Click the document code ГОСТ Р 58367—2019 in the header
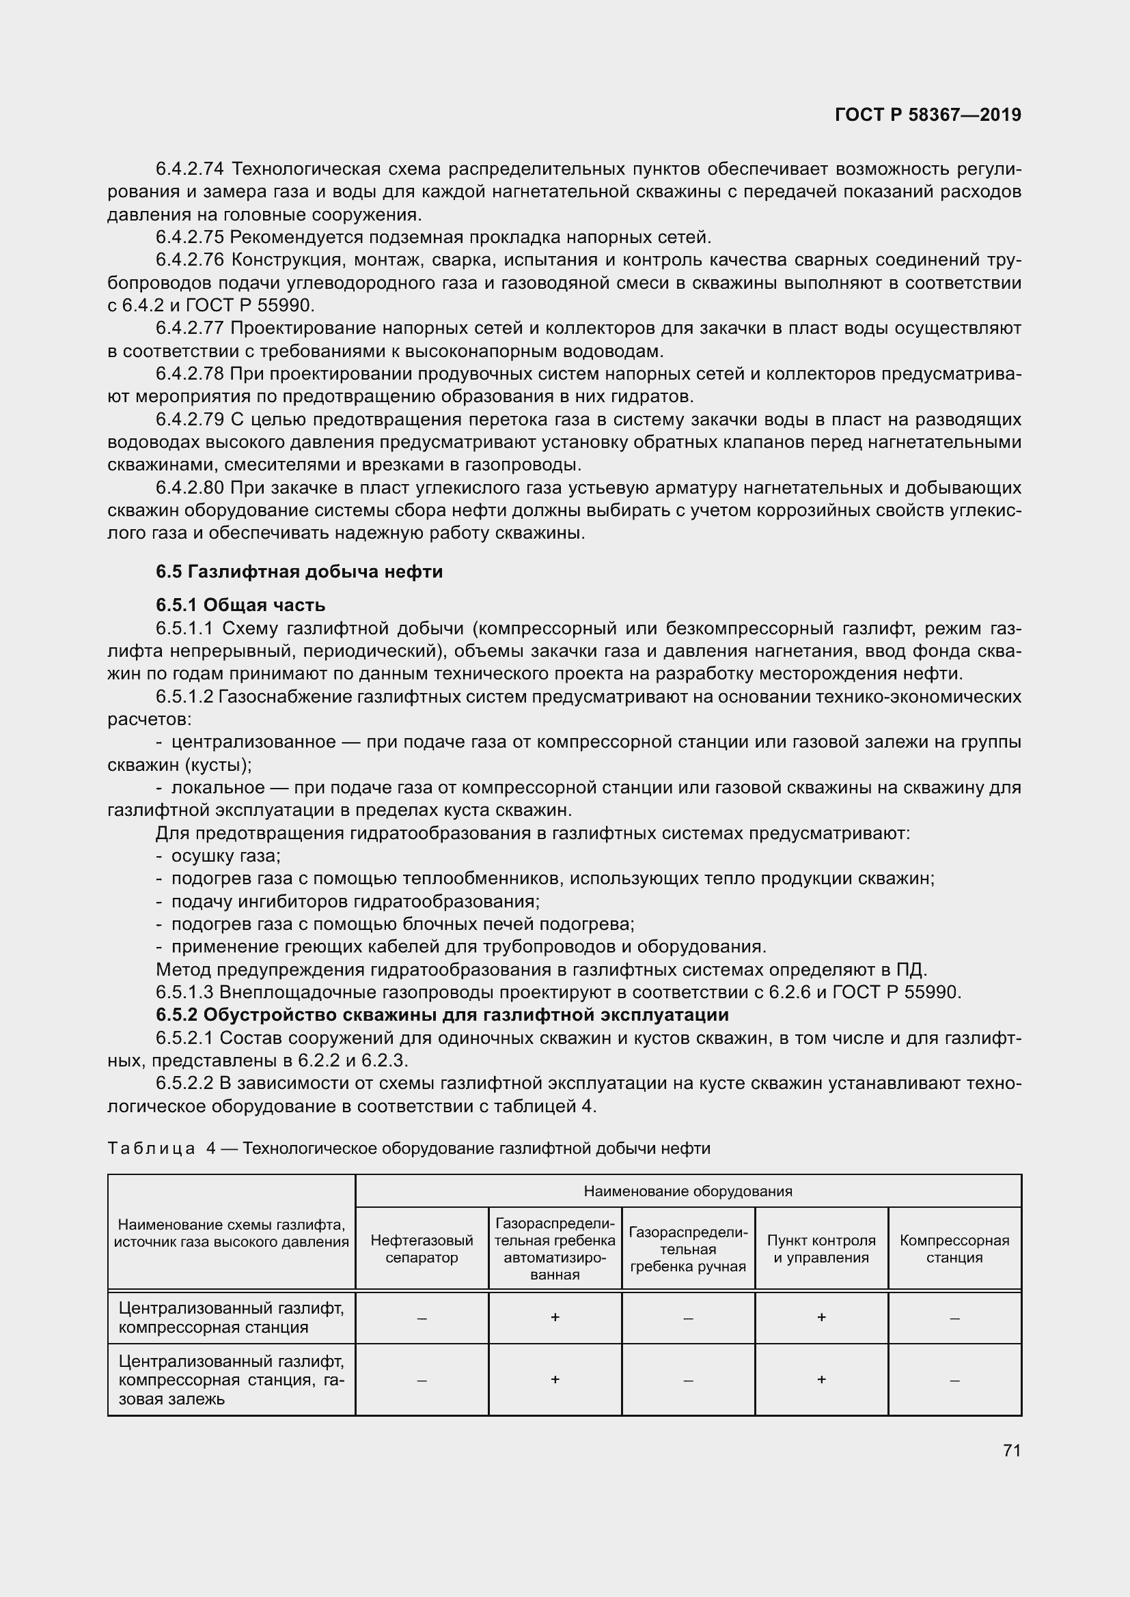click(928, 115)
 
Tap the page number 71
click(1012, 1450)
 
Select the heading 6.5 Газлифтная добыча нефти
click(299, 571)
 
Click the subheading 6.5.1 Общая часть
click(240, 605)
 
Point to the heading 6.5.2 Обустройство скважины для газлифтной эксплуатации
click(442, 1015)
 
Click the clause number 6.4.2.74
click(189, 169)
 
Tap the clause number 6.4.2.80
click(189, 487)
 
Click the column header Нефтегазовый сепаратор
click(422, 1249)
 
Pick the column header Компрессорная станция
click(954, 1249)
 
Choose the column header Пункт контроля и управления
click(821, 1249)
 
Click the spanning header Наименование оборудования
click(687, 1191)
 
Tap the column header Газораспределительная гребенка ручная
click(687, 1249)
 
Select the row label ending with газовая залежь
click(231, 1379)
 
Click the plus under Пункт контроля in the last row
click(821, 1379)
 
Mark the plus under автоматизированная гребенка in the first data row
click(555, 1317)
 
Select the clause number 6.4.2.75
click(189, 238)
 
